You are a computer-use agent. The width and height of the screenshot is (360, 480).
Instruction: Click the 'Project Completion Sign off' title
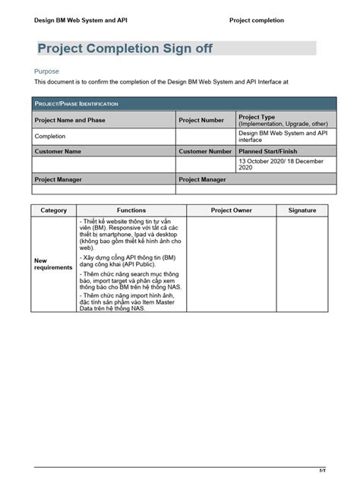tap(125, 49)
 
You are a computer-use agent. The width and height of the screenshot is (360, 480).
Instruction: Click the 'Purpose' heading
tap(47, 71)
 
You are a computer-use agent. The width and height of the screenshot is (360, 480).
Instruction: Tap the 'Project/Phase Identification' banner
tap(75, 103)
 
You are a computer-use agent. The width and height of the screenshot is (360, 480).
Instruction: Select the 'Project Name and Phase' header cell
tap(70, 120)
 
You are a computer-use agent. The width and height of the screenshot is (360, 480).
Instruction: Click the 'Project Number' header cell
tap(201, 120)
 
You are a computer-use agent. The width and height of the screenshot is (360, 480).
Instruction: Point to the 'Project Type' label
tap(257, 117)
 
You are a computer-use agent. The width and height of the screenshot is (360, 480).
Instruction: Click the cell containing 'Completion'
tap(50, 137)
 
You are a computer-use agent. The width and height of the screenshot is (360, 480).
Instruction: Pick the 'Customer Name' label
tap(58, 151)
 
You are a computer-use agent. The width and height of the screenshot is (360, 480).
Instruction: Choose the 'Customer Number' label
tap(205, 151)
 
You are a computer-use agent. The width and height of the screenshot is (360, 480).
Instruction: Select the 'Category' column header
tap(54, 210)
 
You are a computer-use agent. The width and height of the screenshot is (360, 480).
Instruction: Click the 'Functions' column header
tap(131, 210)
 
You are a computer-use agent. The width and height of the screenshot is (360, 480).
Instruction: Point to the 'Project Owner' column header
tap(232, 210)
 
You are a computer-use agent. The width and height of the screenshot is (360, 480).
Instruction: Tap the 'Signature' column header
tap(302, 210)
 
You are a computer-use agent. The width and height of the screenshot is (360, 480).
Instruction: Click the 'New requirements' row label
tap(53, 264)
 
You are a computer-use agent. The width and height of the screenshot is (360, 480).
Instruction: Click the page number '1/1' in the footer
tap(323, 469)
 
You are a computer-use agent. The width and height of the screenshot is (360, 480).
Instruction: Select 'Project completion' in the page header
tap(257, 21)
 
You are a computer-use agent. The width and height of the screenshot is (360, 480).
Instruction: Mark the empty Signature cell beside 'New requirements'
tap(302, 264)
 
